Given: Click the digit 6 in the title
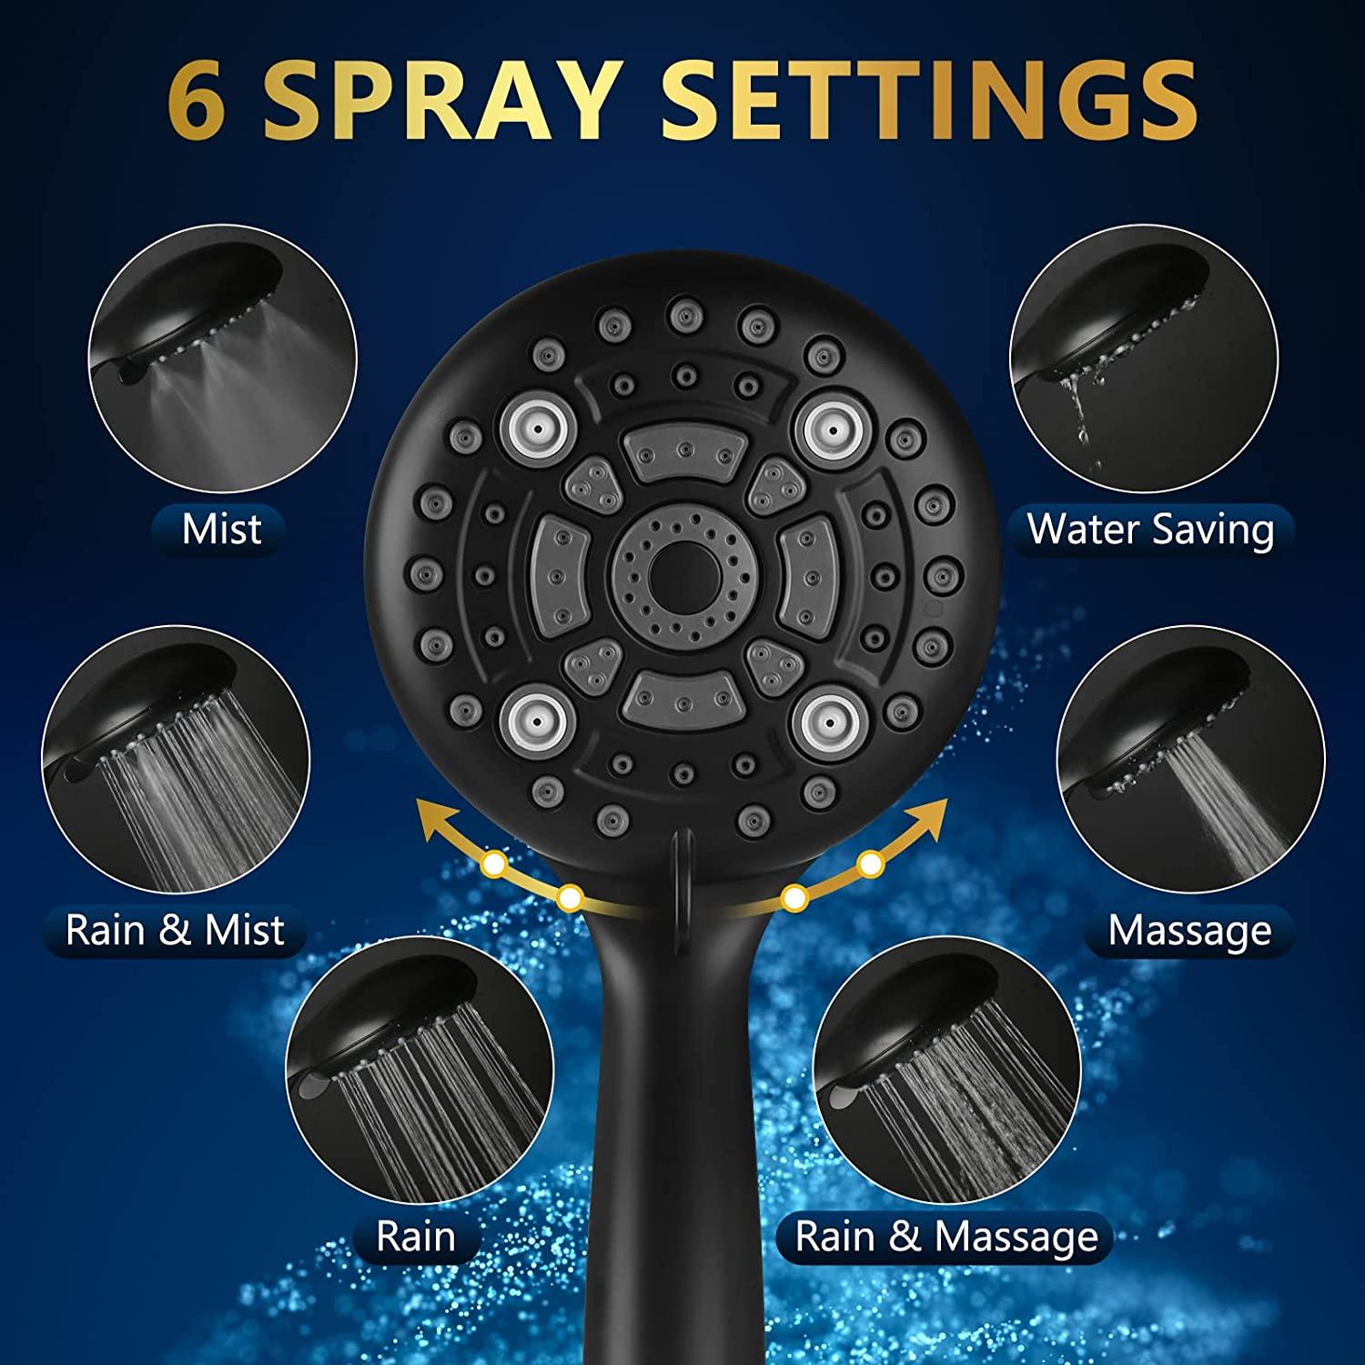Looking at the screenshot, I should (197, 102).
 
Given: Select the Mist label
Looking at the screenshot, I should (221, 530).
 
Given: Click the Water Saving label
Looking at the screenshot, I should (1150, 530).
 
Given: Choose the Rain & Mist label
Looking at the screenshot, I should (175, 930).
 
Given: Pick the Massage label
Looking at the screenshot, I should (1189, 930).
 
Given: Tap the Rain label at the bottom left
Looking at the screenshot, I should (416, 1237).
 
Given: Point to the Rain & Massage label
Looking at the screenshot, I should (946, 1237).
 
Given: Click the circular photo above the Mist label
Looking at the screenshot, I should (223, 359).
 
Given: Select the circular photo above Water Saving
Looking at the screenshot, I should (1144, 359).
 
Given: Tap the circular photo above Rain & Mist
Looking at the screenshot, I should (176, 759).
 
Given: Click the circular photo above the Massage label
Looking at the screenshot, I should (1190, 759).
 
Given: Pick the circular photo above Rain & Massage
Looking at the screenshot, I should (947, 1070).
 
